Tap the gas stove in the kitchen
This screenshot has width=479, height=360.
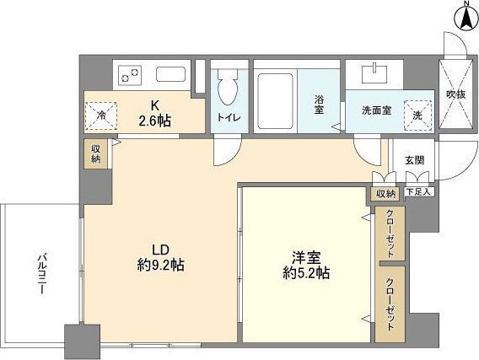(x=131, y=75)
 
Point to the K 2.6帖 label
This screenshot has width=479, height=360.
(x=155, y=114)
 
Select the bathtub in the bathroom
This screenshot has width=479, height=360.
(x=275, y=92)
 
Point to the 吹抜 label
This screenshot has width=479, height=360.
(x=455, y=94)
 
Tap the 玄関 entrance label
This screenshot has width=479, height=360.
(x=414, y=160)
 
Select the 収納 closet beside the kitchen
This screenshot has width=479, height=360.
(x=95, y=154)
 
